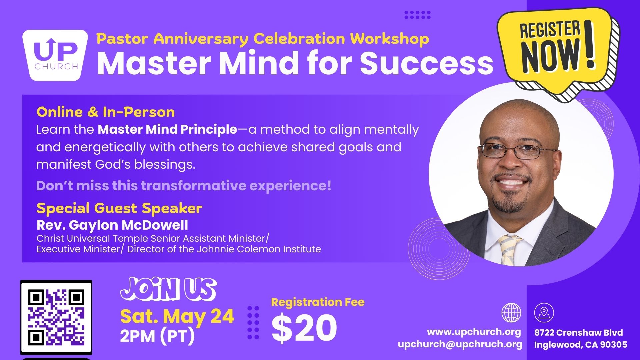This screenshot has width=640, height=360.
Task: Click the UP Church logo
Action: pyautogui.click(x=55, y=55)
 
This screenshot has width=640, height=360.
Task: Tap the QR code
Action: pyautogui.click(x=56, y=318)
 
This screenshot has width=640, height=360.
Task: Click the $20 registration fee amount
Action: pyautogui.click(x=304, y=328)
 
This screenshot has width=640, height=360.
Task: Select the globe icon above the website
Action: pyautogui.click(x=511, y=313)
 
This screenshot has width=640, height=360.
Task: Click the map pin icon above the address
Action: pyautogui.click(x=544, y=313)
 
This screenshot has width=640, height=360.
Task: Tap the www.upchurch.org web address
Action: pyautogui.click(x=474, y=332)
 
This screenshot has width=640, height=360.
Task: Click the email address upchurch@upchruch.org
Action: pyautogui.click(x=460, y=344)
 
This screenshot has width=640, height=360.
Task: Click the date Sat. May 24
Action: pyautogui.click(x=177, y=316)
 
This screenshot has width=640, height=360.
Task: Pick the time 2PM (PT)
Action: pyautogui.click(x=157, y=336)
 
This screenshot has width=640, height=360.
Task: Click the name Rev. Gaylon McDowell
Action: pyautogui.click(x=112, y=225)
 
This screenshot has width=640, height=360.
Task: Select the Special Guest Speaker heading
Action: pyautogui.click(x=119, y=208)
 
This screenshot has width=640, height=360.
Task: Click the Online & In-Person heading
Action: pyautogui.click(x=106, y=112)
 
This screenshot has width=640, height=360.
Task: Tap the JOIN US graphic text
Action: pyautogui.click(x=168, y=289)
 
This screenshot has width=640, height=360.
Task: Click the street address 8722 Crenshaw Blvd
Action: pyautogui.click(x=579, y=333)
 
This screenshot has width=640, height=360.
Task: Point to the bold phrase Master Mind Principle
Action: pyautogui.click(x=167, y=130)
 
